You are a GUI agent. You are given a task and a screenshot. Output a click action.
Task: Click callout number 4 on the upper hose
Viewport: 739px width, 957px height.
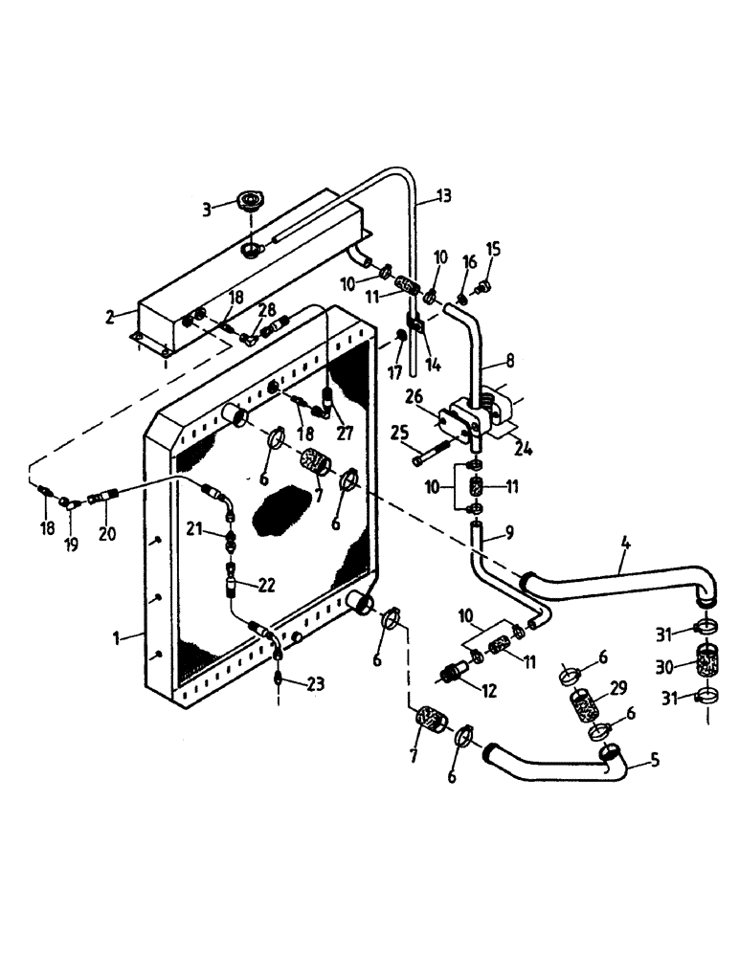[624, 548]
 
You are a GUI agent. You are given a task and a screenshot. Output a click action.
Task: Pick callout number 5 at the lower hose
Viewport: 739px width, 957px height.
[654, 762]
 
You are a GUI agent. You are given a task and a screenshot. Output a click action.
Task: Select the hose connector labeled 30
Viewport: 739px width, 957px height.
[707, 665]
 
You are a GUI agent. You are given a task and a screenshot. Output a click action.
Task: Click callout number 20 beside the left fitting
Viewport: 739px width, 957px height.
[106, 534]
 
